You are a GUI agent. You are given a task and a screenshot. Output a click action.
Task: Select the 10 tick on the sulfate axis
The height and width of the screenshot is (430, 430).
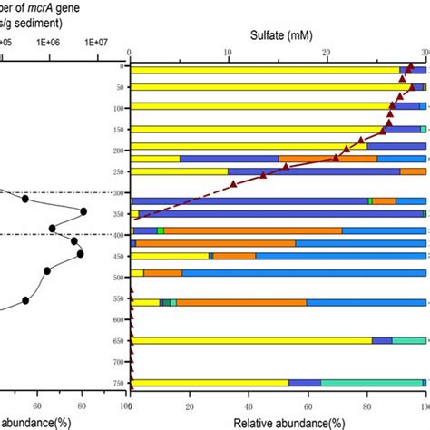click(229, 53)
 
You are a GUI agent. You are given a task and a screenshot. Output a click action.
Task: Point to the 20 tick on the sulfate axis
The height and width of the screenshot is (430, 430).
click(327, 53)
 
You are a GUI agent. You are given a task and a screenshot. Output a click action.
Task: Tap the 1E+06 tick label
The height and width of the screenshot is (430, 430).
click(47, 41)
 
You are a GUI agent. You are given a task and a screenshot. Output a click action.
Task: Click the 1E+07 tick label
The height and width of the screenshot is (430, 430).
click(96, 41)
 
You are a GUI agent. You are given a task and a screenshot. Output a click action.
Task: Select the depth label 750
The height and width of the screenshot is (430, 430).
click(117, 383)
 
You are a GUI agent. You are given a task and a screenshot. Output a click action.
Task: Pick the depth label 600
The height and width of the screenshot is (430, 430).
click(117, 320)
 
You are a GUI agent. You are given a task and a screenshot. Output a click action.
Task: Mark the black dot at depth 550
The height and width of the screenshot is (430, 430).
click(25, 300)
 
